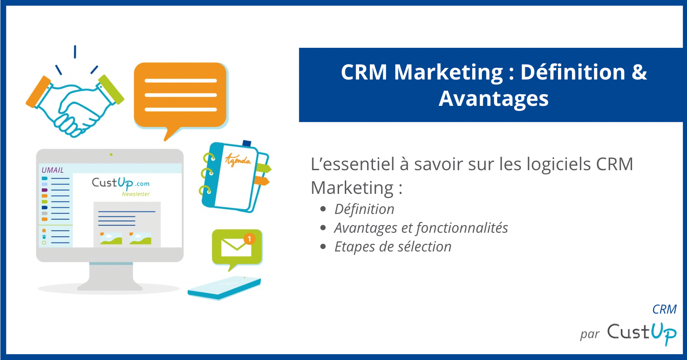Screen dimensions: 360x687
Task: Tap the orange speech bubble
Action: click(180, 96)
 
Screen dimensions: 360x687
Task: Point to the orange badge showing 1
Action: click(250, 238)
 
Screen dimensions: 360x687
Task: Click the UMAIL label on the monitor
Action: click(53, 170)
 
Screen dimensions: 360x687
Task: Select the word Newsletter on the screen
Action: click(136, 194)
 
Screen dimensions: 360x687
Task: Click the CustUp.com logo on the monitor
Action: click(121, 184)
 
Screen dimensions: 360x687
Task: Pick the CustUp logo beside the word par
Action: click(642, 332)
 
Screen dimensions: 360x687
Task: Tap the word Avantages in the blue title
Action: click(494, 98)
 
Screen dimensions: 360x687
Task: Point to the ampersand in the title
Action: click(639, 72)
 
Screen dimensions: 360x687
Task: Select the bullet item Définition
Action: click(364, 209)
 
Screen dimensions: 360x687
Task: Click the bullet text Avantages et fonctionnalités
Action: click(421, 228)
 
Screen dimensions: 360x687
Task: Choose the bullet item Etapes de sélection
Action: click(393, 247)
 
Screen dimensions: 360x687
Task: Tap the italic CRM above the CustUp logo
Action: click(664, 309)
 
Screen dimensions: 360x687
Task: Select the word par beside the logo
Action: click(589, 335)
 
